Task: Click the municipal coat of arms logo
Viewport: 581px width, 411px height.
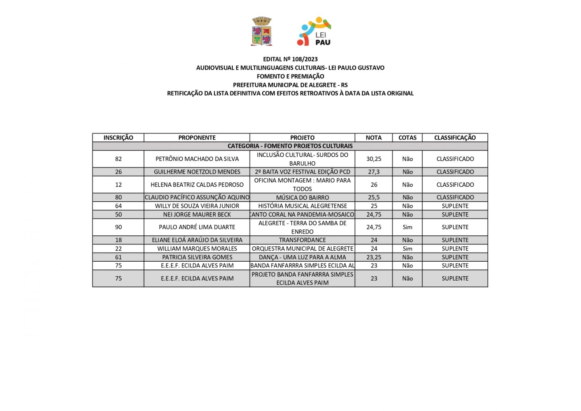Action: [261, 31]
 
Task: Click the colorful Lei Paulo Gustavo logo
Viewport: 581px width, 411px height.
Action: [314, 31]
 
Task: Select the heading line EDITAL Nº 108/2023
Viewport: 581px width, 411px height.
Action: [290, 59]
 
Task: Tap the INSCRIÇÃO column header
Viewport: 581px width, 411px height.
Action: [118, 137]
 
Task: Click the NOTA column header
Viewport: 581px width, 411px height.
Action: [373, 137]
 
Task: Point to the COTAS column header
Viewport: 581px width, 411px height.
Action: [407, 137]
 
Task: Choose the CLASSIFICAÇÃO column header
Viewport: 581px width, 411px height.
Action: [455, 137]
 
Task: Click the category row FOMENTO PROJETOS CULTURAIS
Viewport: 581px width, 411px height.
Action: [290, 146]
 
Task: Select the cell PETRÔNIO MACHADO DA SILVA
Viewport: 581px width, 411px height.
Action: [197, 159]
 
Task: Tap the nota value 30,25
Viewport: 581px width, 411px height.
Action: [374, 159]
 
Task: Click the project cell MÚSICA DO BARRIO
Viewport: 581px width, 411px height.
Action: [302, 197]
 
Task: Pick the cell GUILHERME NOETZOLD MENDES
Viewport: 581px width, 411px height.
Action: [197, 172]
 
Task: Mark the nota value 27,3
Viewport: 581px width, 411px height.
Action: [374, 172]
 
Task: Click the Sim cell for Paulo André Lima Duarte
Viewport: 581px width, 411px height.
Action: [407, 227]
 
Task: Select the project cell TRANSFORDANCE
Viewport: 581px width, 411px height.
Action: [302, 240]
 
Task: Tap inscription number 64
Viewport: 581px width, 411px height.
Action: [118, 206]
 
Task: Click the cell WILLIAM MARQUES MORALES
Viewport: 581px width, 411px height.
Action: [197, 249]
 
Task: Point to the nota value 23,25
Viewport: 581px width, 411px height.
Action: [374, 257]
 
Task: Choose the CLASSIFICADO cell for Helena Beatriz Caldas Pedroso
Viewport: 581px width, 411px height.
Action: [455, 185]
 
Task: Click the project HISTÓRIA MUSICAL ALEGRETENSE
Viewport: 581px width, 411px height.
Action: [302, 206]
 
